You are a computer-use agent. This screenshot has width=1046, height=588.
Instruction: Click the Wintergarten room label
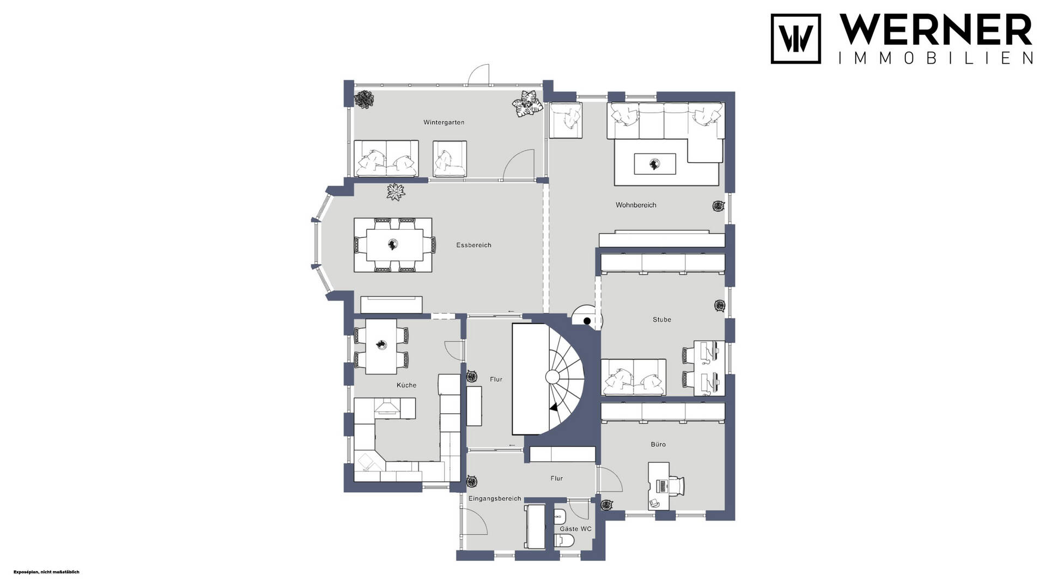coord(444,122)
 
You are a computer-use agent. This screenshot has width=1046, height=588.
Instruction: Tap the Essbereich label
coord(474,245)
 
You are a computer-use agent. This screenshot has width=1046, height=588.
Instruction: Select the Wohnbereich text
coord(636,205)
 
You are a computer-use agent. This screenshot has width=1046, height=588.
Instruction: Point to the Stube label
coord(662,320)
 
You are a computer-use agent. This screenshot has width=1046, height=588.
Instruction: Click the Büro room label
coord(658,444)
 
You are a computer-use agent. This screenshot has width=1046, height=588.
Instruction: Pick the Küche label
coord(406,385)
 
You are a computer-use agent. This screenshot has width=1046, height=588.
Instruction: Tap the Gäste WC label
coord(575,529)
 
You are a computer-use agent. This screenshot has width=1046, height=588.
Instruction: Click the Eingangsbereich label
coord(495,499)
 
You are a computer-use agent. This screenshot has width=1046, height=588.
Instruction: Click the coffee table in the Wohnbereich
coord(655,164)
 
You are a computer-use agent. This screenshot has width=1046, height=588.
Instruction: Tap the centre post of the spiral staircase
coord(552,377)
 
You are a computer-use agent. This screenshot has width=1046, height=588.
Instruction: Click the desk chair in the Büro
coord(676,486)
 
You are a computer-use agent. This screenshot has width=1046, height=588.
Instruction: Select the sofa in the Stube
coord(634,377)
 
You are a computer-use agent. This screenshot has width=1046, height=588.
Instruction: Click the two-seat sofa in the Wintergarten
coord(386,158)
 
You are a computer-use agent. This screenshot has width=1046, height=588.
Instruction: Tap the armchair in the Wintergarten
coord(450,159)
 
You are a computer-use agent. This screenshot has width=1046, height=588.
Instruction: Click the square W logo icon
coord(796,39)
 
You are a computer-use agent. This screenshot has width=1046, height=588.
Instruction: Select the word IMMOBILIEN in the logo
coord(935,58)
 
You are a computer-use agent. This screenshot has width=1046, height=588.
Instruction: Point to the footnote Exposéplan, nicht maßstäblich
coord(46,572)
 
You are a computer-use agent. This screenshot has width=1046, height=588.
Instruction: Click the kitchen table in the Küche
coord(381,346)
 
